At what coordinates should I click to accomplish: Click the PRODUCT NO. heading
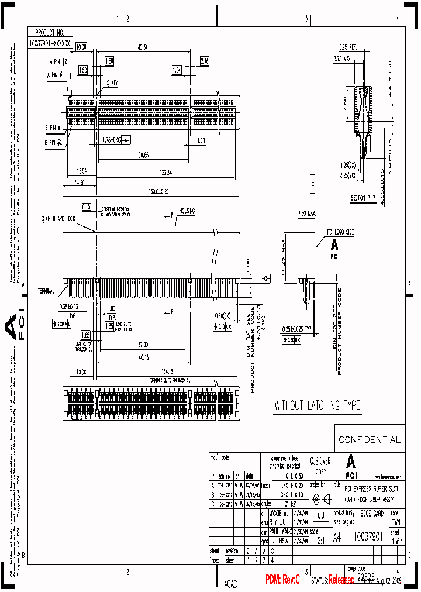(x=50, y=33)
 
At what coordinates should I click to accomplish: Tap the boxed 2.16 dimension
(x=205, y=61)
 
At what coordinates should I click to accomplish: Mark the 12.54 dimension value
(x=81, y=172)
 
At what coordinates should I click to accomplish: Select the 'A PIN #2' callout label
(x=60, y=61)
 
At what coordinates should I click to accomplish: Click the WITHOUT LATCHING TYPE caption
(x=317, y=405)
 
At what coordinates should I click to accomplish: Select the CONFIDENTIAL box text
(x=370, y=439)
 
